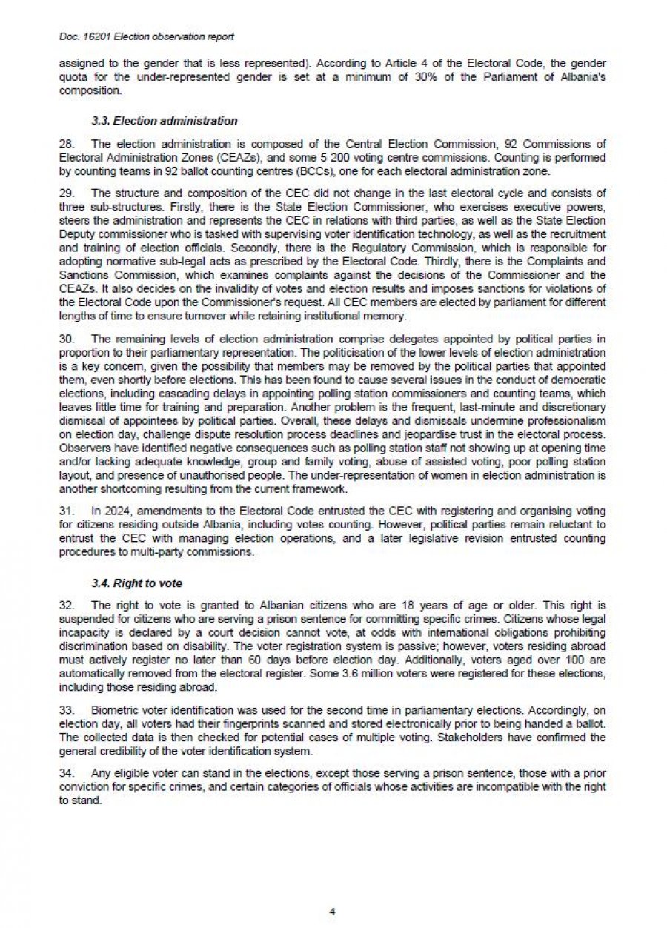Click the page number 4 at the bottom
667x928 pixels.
pyautogui.click(x=333, y=911)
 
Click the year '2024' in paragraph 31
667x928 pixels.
pyautogui.click(x=114, y=511)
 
